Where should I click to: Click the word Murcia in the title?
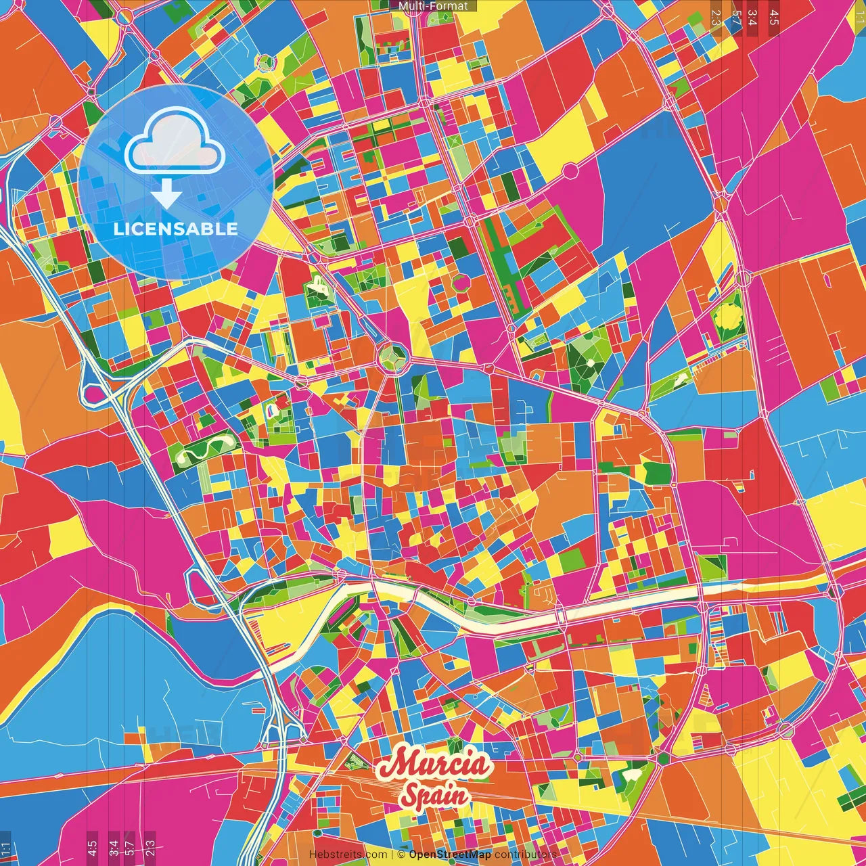click(x=433, y=765)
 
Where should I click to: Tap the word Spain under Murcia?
click(x=434, y=795)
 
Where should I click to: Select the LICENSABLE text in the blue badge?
click(x=175, y=229)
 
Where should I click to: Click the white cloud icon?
click(x=175, y=143)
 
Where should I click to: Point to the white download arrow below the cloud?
click(x=166, y=194)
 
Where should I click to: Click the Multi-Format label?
click(x=433, y=6)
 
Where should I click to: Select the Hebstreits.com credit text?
click(x=348, y=854)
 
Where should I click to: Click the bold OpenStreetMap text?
click(x=450, y=854)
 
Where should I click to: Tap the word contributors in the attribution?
click(x=526, y=854)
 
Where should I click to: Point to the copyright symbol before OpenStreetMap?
click(x=401, y=854)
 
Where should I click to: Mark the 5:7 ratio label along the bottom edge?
click(x=130, y=848)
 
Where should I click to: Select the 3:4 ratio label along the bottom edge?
click(x=113, y=848)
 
